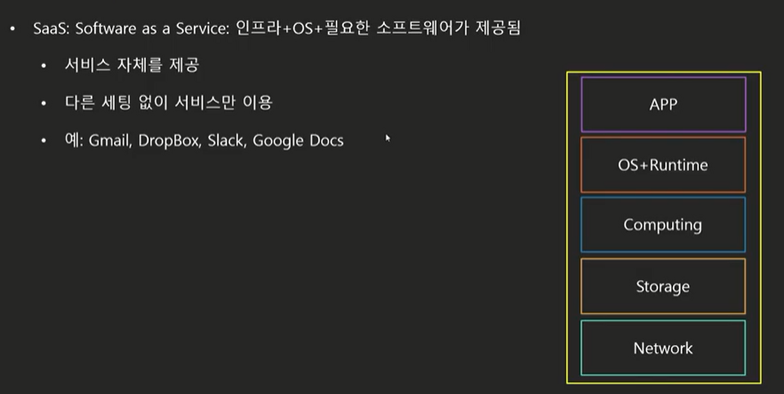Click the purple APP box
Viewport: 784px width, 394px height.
(x=663, y=104)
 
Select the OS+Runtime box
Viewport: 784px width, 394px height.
(x=663, y=165)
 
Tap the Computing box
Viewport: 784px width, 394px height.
(x=663, y=225)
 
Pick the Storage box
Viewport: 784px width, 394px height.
(x=663, y=286)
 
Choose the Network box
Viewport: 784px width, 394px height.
(x=663, y=348)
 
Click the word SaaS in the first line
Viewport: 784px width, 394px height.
(x=50, y=29)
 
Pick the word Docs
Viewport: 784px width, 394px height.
(x=326, y=141)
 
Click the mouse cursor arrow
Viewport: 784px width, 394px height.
(x=388, y=138)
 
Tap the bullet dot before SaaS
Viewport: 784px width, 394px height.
(x=12, y=30)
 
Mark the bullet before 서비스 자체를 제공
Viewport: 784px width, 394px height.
(x=44, y=67)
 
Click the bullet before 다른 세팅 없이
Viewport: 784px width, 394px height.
(x=44, y=104)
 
